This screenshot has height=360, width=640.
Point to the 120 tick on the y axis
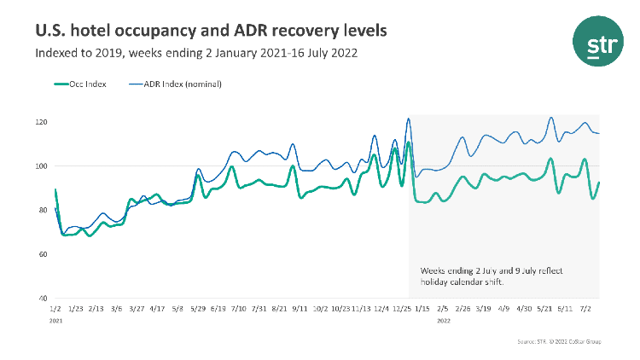[42, 122]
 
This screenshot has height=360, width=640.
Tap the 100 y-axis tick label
[42, 166]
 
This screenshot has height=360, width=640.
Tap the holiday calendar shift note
[484, 276]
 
